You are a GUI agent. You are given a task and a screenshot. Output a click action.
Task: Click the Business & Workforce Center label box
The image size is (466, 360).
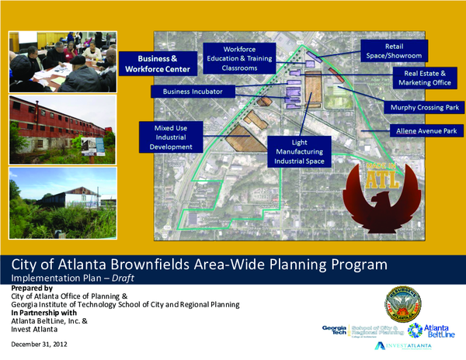point(157,64)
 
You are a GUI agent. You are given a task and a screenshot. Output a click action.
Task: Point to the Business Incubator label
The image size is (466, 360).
point(193,92)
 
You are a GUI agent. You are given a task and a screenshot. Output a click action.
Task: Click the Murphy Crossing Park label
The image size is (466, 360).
point(417,107)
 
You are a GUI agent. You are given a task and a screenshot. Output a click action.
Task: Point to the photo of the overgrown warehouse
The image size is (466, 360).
point(63,203)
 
